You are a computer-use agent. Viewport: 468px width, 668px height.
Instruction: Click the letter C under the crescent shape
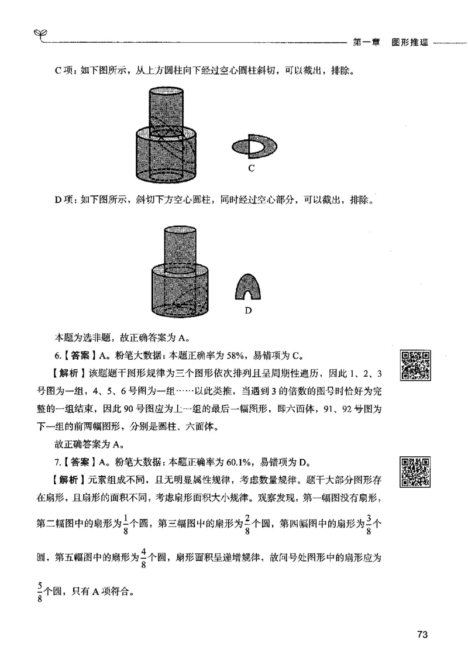coord(250,168)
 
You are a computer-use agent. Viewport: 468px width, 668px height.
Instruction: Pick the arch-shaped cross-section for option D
coord(247,288)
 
